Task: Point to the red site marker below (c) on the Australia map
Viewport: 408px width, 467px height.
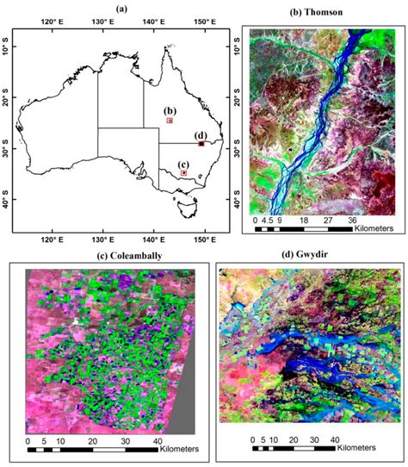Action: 183,173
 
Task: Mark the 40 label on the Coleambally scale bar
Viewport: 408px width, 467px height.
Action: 156,440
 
